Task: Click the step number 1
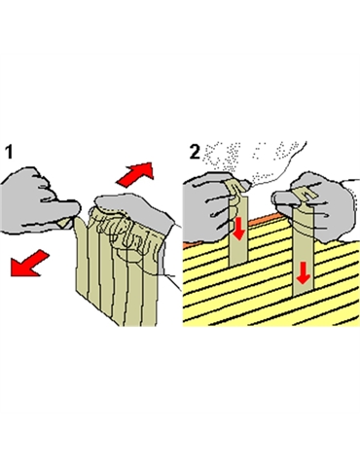click(10, 152)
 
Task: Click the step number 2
click(195, 152)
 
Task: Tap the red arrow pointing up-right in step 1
click(135, 174)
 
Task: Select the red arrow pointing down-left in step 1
click(29, 263)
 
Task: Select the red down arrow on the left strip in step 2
click(238, 229)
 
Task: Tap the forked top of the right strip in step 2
click(305, 196)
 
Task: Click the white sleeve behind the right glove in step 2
click(351, 207)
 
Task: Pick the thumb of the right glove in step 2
click(285, 197)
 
